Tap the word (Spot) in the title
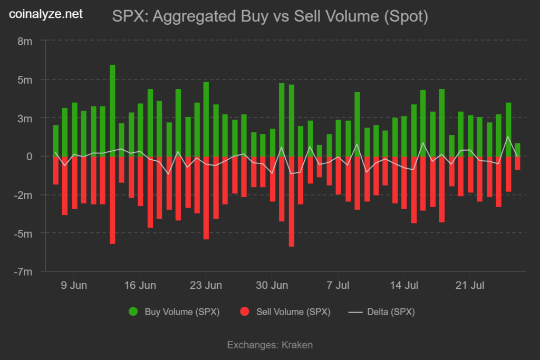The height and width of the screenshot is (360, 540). (x=405, y=16)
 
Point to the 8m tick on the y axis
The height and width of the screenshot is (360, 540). (x=25, y=41)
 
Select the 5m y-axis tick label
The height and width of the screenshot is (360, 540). (x=25, y=80)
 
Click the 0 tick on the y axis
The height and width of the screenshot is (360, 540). (x=30, y=157)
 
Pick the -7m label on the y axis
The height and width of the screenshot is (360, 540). (x=23, y=271)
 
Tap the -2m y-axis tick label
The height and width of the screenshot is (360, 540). (x=23, y=195)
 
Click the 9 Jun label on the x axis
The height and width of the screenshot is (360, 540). (x=73, y=286)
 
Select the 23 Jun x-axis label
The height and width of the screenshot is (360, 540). (x=206, y=286)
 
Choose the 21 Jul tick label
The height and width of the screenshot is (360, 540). (x=469, y=286)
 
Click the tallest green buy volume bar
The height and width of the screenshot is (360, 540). (x=112, y=111)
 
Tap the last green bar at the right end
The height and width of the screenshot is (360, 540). (x=517, y=150)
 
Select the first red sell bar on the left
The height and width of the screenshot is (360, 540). (x=56, y=170)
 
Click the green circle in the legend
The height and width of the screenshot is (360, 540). (x=133, y=312)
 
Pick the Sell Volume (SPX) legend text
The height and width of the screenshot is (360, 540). (x=293, y=312)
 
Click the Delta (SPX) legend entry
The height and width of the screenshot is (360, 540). (x=390, y=312)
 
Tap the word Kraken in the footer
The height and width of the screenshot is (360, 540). (x=297, y=345)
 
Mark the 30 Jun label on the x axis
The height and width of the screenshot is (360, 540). (x=272, y=286)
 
